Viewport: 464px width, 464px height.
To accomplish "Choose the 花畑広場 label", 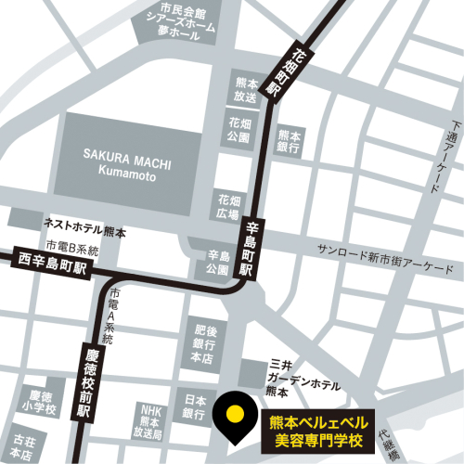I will pyautogui.click(x=228, y=205).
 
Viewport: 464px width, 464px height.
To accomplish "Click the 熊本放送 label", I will pyautogui.click(x=245, y=88).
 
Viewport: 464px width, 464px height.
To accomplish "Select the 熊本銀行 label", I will pyautogui.click(x=289, y=141).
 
